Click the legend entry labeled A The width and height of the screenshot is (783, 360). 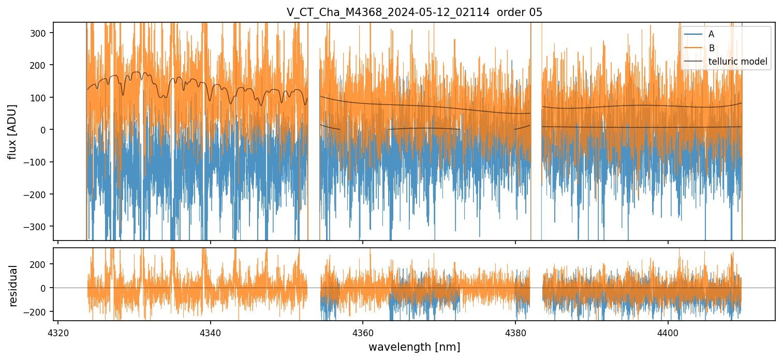(x=711, y=34)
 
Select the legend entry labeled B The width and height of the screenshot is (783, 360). (x=712, y=48)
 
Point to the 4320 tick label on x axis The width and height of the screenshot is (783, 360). (x=57, y=331)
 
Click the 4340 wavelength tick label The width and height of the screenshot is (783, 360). (x=210, y=331)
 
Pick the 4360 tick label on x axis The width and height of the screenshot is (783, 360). (x=363, y=331)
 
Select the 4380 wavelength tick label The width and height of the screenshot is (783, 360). (x=515, y=331)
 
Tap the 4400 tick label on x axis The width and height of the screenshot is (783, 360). (x=668, y=331)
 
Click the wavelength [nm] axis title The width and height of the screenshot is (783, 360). (x=414, y=347)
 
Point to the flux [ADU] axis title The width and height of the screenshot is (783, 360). (x=12, y=131)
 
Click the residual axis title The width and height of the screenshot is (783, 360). (x=13, y=286)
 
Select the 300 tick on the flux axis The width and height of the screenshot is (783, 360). (x=41, y=33)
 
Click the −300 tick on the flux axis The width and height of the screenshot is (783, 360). (x=39, y=227)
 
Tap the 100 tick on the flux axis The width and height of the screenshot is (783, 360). (x=41, y=97)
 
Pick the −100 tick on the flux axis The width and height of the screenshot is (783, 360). (x=39, y=162)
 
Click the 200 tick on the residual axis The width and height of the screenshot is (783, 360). (x=41, y=264)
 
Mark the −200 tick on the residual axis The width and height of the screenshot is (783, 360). (x=39, y=311)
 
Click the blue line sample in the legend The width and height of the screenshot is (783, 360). (x=693, y=34)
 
